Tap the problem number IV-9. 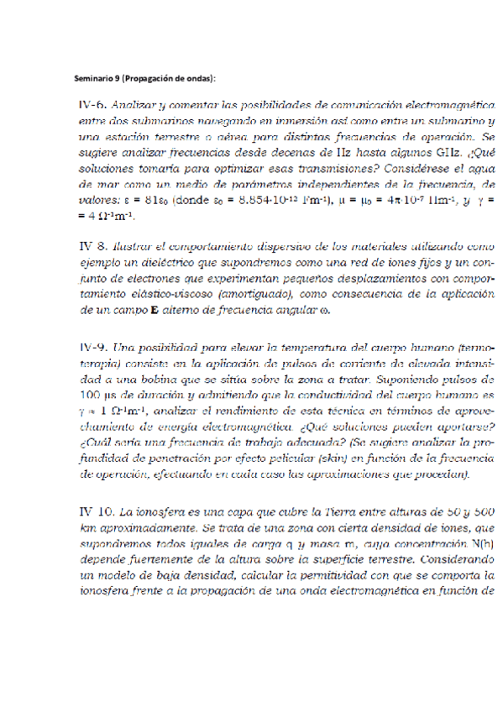[90, 346]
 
